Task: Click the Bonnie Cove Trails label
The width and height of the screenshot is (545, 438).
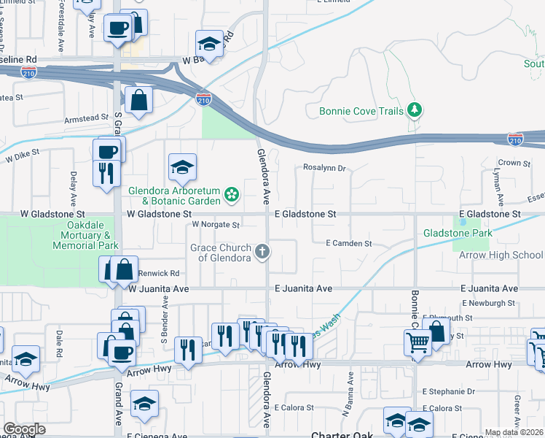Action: pyautogui.click(x=361, y=112)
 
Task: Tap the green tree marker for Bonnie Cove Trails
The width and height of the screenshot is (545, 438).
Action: pyautogui.click(x=415, y=110)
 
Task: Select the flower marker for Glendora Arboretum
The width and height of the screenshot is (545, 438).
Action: pyautogui.click(x=232, y=194)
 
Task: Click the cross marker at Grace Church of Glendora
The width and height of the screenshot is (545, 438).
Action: pyautogui.click(x=262, y=252)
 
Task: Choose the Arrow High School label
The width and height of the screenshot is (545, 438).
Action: pyautogui.click(x=501, y=255)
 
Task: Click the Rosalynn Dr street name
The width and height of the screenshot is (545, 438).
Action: pyautogui.click(x=324, y=168)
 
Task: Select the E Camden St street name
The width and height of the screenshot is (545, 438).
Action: pyautogui.click(x=348, y=243)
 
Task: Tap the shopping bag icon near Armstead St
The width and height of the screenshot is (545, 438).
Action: pyautogui.click(x=138, y=100)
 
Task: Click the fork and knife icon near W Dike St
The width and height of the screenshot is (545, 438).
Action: pyautogui.click(x=106, y=173)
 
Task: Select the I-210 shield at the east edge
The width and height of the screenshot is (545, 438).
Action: pyautogui.click(x=515, y=138)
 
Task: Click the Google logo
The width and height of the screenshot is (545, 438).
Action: pyautogui.click(x=24, y=429)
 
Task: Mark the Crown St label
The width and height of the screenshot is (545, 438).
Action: pyautogui.click(x=512, y=163)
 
